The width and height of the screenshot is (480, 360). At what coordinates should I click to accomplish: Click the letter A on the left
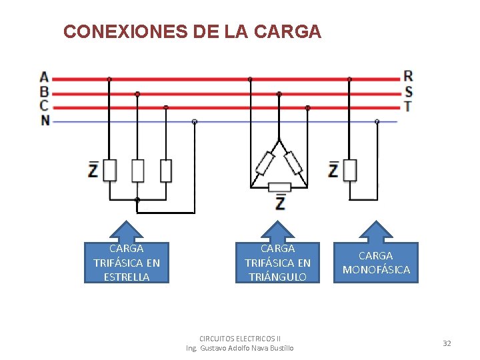click(44, 77)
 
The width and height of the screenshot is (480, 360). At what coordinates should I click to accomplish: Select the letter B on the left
click(44, 91)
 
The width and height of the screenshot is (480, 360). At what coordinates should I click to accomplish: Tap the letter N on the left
click(45, 121)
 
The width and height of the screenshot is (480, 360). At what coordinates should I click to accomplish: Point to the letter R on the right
click(408, 76)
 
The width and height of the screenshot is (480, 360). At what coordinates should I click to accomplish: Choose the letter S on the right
click(408, 91)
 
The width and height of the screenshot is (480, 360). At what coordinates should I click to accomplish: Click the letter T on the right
click(408, 106)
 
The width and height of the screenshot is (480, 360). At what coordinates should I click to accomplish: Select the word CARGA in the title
click(288, 31)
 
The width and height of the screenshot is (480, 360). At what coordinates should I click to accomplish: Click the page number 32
click(447, 343)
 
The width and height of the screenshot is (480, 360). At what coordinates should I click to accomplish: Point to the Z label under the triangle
click(280, 201)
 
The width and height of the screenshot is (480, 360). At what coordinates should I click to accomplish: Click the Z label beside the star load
click(93, 170)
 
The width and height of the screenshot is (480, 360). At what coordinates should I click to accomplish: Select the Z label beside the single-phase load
click(333, 169)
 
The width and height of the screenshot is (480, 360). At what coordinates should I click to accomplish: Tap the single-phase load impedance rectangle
click(350, 170)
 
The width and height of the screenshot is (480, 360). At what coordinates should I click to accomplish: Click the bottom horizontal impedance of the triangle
click(279, 187)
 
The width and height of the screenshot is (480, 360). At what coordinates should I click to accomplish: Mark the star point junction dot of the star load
click(137, 199)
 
